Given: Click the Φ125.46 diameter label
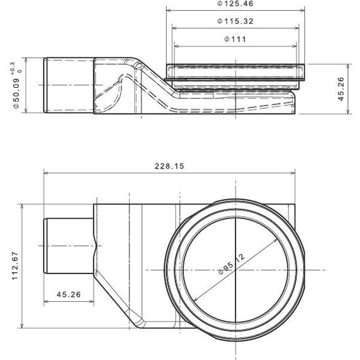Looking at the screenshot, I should click(x=236, y=4).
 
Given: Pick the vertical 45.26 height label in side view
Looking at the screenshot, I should click(x=340, y=89).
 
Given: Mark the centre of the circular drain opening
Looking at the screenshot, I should click(x=235, y=270).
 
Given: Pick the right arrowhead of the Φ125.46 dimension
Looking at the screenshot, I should click(x=304, y=11).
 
